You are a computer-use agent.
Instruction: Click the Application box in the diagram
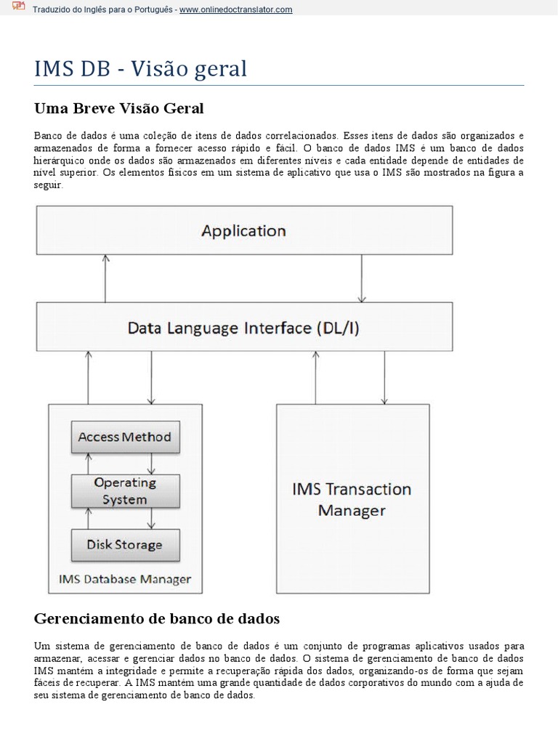[x=244, y=231]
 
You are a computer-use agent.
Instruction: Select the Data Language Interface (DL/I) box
[x=244, y=328]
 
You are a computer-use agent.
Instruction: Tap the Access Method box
[x=125, y=437]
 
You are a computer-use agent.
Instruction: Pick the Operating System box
[x=125, y=490]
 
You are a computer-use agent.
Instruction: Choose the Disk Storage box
[x=125, y=544]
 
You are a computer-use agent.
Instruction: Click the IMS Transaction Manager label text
[x=352, y=499]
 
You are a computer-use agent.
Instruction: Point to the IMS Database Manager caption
[x=124, y=579]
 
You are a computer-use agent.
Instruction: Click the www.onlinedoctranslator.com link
[x=236, y=9]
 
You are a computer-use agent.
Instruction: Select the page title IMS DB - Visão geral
[x=141, y=69]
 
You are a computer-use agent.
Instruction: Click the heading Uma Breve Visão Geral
[x=119, y=109]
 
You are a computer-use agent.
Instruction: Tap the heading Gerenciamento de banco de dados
[x=157, y=619]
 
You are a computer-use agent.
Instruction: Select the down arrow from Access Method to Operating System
[x=151, y=463]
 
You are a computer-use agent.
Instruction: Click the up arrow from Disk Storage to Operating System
[x=89, y=518]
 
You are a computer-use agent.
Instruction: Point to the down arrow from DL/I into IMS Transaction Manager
[x=385, y=377]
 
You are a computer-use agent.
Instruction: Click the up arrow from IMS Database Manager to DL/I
[x=89, y=377]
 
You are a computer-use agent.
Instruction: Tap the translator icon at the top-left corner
[x=19, y=8]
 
